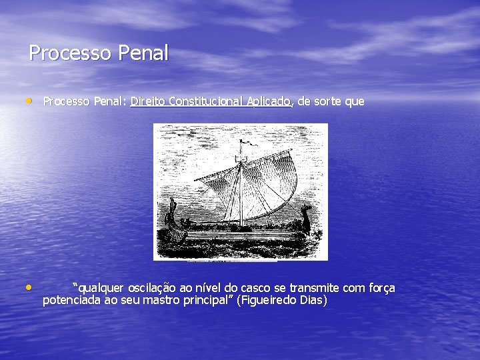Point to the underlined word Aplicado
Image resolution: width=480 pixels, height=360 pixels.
click(269, 101)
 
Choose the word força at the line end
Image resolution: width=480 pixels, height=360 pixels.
click(381, 288)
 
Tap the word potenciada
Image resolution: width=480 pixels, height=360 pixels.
click(71, 301)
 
